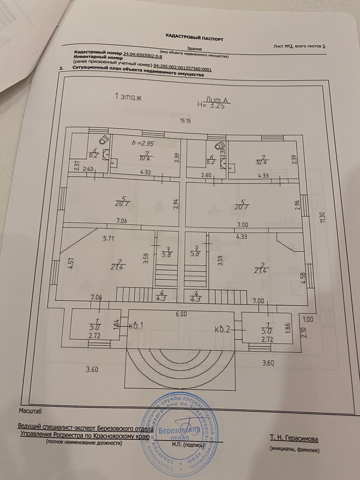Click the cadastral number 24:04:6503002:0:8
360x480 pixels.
pyautogui.click(x=142, y=55)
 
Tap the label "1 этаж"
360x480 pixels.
pyautogui.click(x=128, y=97)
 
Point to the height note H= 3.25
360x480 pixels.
pyautogui.click(x=211, y=105)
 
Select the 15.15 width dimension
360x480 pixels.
pyautogui.click(x=185, y=121)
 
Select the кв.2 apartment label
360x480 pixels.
pyautogui.click(x=223, y=329)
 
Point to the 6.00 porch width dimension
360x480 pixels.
pyautogui.click(x=181, y=314)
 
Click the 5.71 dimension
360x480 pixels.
pyautogui.click(x=109, y=238)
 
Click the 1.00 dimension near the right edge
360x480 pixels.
pyautogui.click(x=308, y=319)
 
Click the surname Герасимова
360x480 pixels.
pyautogui.click(x=301, y=439)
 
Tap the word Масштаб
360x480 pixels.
pyautogui.click(x=31, y=411)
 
